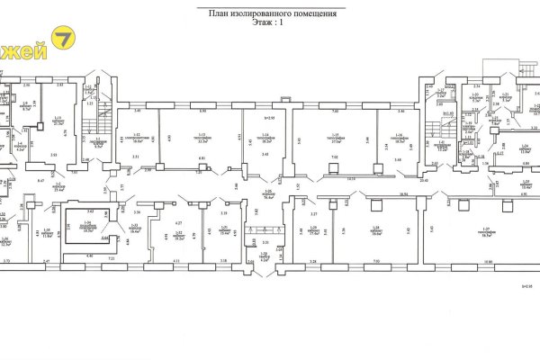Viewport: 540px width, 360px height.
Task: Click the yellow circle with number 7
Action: [64, 39]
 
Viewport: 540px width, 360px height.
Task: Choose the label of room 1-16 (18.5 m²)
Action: [398, 139]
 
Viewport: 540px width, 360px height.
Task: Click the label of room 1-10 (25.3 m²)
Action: [60, 188]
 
